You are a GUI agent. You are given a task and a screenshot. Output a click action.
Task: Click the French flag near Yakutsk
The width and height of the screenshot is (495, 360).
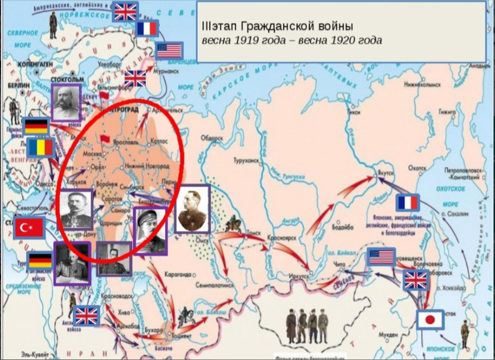click(x=408, y=203)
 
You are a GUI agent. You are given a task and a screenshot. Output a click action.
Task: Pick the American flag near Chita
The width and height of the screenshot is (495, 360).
click(x=381, y=257)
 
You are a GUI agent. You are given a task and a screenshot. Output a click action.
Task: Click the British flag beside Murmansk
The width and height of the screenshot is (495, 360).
click(x=135, y=78)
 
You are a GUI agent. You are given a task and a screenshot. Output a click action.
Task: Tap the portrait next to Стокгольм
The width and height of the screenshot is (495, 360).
click(x=67, y=103)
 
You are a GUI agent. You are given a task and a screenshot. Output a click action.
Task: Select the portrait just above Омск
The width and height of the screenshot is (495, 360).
click(x=193, y=209)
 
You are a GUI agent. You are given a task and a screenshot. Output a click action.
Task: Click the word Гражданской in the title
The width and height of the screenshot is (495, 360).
click(x=275, y=27)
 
